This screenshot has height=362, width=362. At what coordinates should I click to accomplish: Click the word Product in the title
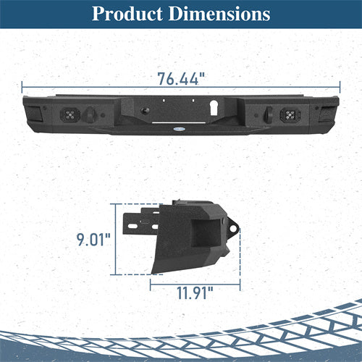(x=127, y=14)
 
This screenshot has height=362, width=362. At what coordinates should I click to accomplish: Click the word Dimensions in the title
(x=219, y=14)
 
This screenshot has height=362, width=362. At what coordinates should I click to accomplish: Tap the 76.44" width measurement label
(x=181, y=79)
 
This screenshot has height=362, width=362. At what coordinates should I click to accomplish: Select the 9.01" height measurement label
(x=93, y=240)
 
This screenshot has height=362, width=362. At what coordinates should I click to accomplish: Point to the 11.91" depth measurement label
(x=195, y=292)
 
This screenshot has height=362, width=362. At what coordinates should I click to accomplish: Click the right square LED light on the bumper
(x=290, y=114)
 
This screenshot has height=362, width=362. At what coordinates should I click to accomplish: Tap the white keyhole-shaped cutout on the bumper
(x=214, y=108)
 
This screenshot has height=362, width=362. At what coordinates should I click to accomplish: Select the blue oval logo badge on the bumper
(x=179, y=129)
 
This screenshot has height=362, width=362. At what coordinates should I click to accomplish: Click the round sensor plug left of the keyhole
(x=145, y=111)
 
